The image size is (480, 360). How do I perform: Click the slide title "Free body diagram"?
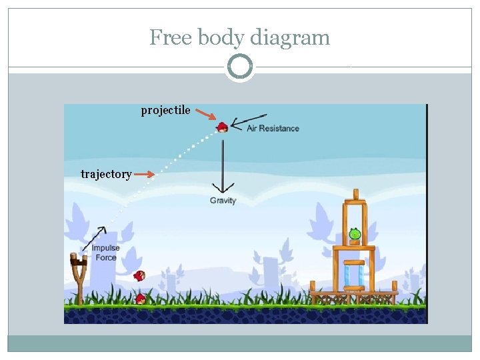pyautogui.click(x=239, y=37)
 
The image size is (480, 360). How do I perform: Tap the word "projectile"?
pyautogui.click(x=165, y=110)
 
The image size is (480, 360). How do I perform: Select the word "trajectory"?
pyautogui.click(x=106, y=174)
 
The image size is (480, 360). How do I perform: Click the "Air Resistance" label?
pyautogui.click(x=273, y=128)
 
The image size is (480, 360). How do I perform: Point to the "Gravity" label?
pyautogui.click(x=223, y=200)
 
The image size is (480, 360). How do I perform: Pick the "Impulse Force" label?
pyautogui.click(x=105, y=253)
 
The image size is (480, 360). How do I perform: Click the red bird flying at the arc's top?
pyautogui.click(x=222, y=127)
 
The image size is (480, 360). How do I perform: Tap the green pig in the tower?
pyautogui.click(x=355, y=234)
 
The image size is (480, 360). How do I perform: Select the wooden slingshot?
pyautogui.click(x=79, y=277)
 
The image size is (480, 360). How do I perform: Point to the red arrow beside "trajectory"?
pyautogui.click(x=144, y=175)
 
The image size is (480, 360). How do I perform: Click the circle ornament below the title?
pyautogui.click(x=239, y=67)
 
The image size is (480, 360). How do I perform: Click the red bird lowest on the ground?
pyautogui.click(x=140, y=299)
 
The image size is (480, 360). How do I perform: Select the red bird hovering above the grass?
pyautogui.click(x=139, y=275)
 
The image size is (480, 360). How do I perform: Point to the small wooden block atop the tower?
pyautogui.click(x=355, y=194)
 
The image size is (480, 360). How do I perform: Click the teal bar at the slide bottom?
pyautogui.click(x=239, y=343)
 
